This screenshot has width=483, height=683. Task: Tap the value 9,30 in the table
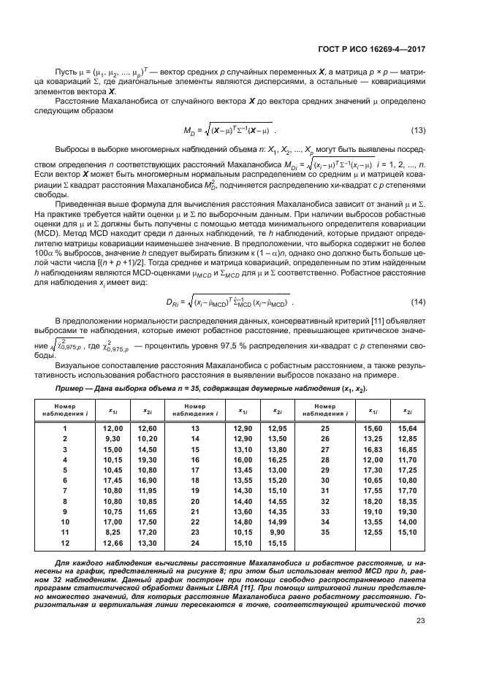[113, 438]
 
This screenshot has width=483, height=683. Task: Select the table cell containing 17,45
[113, 481]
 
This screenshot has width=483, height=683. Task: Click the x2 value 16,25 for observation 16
[276, 459]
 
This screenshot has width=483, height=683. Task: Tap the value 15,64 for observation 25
[406, 428]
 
